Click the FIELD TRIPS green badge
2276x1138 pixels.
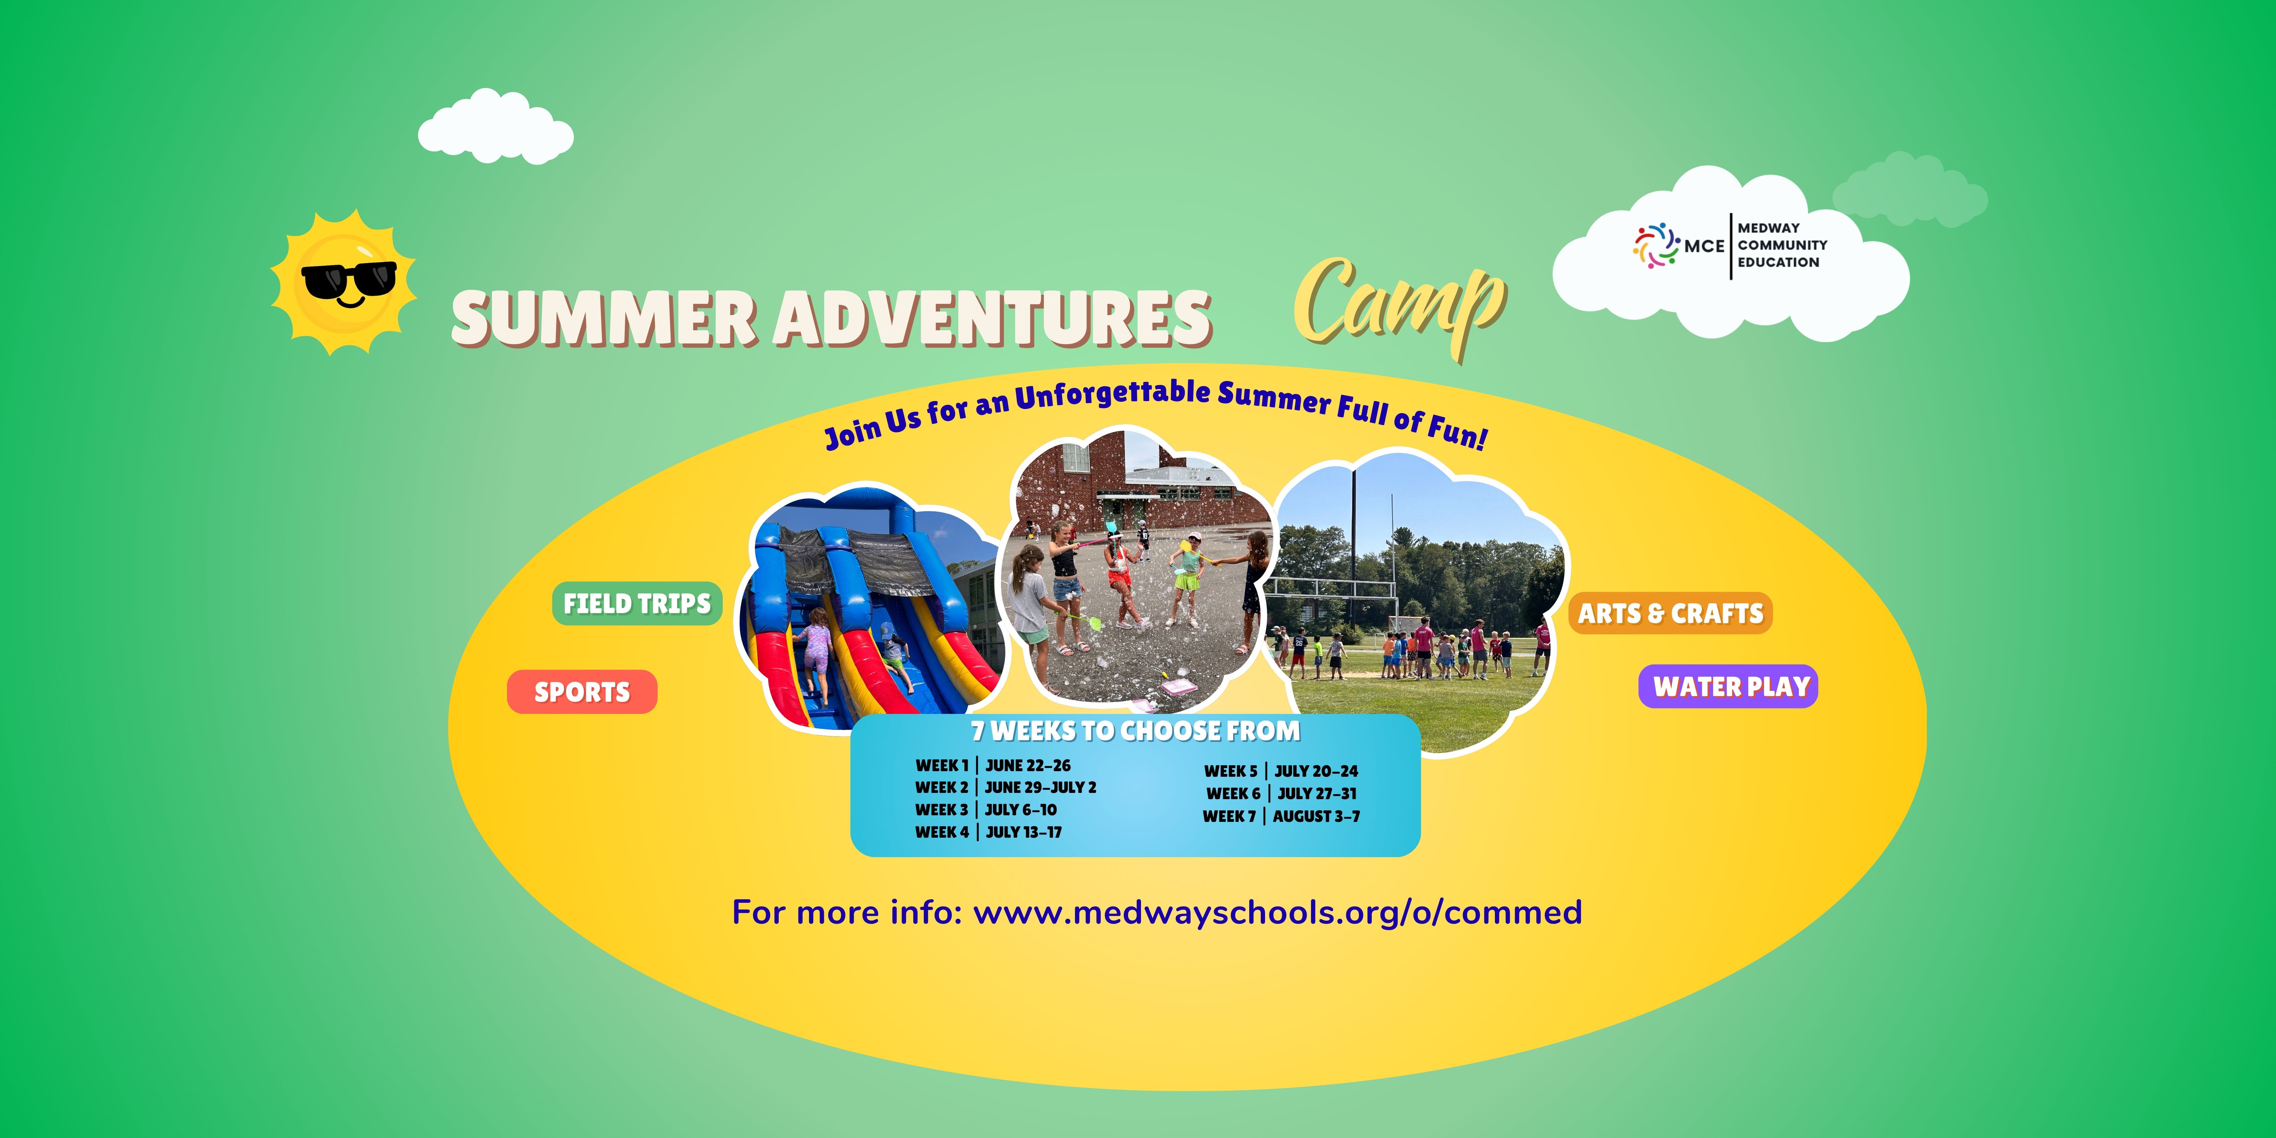click(637, 604)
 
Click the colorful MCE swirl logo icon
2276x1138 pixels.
click(1655, 245)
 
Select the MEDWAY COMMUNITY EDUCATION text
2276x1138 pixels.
click(1781, 245)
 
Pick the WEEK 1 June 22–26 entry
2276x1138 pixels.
click(992, 765)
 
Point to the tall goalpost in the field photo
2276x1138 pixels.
click(1354, 530)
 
